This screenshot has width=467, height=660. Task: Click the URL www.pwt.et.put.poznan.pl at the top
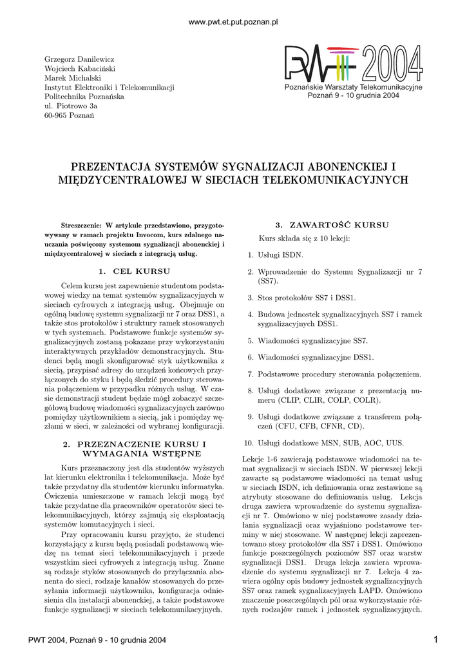pos(233,22)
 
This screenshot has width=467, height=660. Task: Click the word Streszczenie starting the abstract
pos(81,227)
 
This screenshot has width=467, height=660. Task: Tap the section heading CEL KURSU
pos(141,271)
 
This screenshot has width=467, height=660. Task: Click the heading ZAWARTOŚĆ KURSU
pos(332,226)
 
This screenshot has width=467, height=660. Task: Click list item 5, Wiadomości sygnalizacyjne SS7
pos(312,340)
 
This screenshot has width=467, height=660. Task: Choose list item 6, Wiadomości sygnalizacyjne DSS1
pos(316,357)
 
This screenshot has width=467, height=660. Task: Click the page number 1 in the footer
pos(436,639)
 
